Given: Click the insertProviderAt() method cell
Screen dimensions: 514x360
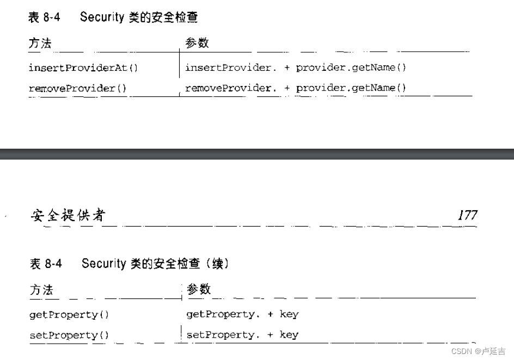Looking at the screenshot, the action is pos(83,68).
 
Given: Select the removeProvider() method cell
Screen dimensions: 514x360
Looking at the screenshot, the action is pos(79,88).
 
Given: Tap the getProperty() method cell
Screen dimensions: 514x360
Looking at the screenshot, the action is pos(69,315).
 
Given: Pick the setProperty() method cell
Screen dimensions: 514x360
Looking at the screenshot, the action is pos(69,335).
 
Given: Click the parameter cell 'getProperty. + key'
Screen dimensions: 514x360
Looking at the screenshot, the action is pos(242,314).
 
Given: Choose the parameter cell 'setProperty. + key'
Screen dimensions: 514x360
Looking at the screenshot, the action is pos(242,335).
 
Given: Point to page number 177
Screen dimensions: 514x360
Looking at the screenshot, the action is pos(467,215).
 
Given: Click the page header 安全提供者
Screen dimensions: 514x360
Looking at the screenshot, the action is pos(67,216).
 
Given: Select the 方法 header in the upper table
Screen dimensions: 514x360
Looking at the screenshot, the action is pos(40,44).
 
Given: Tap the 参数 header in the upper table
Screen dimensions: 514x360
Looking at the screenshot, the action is pos(197,43).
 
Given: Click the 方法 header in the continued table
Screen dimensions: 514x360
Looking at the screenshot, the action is pos(41,290).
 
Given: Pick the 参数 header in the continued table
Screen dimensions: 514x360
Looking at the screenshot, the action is pos(198,289).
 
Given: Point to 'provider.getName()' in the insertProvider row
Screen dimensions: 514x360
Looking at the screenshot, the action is pos(351,68).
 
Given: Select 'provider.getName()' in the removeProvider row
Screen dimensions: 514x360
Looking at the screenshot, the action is pos(351,88).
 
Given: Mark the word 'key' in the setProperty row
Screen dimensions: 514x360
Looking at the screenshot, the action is pos(289,335).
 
